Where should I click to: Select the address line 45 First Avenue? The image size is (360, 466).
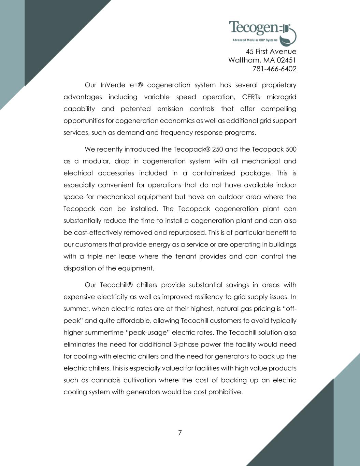click(x=271, y=52)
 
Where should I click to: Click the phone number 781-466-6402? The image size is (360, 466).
click(x=274, y=69)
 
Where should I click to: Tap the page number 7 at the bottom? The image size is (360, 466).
click(x=180, y=433)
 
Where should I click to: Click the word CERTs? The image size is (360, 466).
click(x=251, y=97)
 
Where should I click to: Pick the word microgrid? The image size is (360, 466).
click(x=282, y=97)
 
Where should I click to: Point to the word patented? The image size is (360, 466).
click(x=135, y=109)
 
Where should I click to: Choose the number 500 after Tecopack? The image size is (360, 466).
click(x=290, y=150)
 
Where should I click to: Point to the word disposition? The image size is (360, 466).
click(x=80, y=268)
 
